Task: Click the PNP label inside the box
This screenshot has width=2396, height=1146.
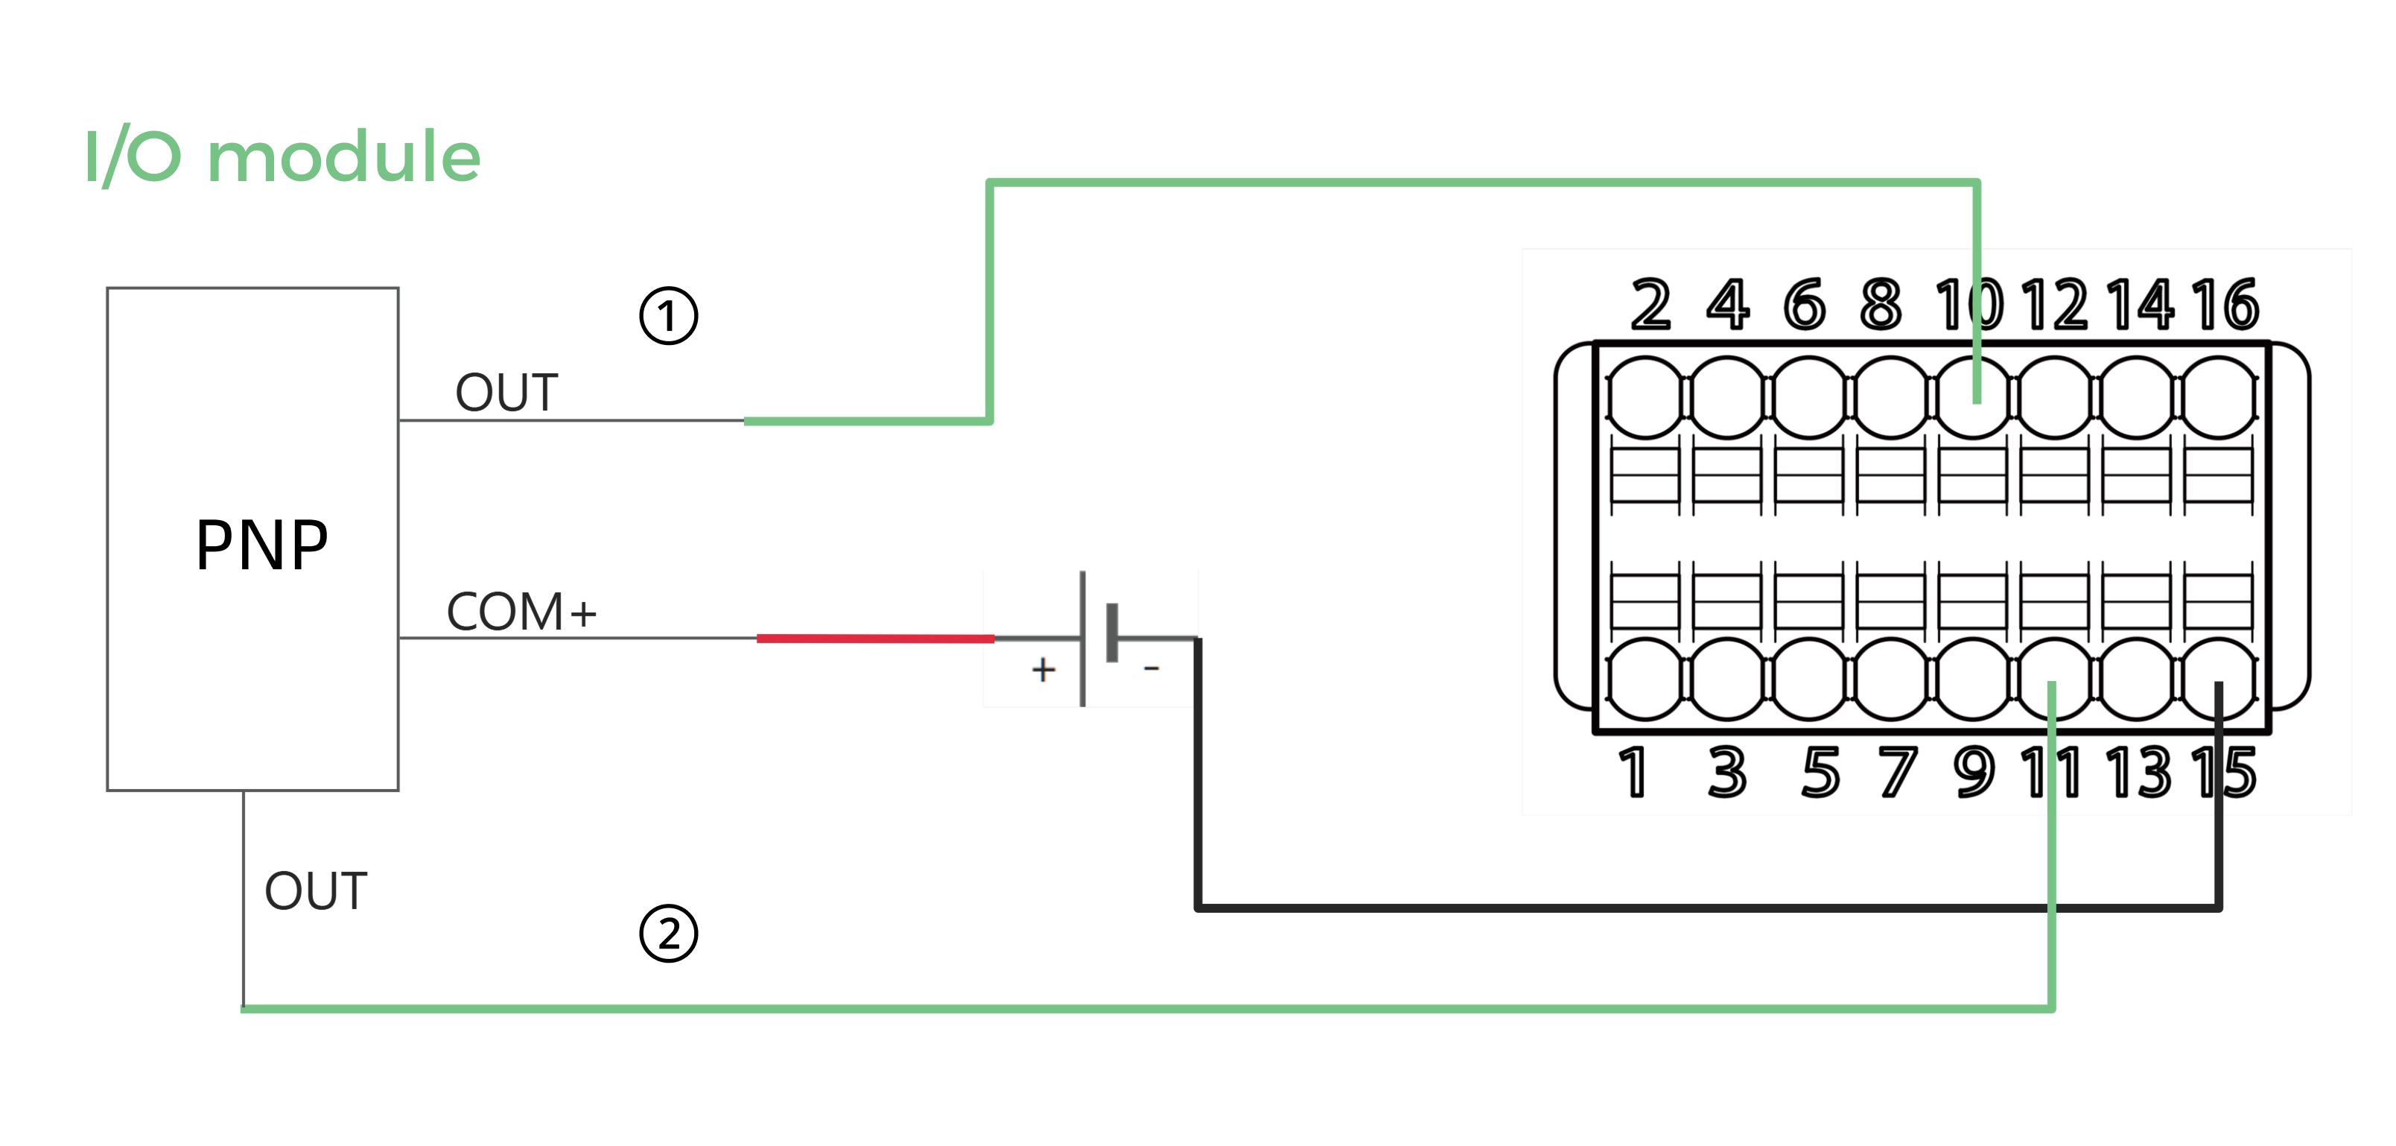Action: point(261,546)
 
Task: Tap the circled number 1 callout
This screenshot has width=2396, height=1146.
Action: point(668,316)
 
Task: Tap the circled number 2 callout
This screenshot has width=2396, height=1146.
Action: point(668,933)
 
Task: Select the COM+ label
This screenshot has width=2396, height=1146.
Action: point(521,612)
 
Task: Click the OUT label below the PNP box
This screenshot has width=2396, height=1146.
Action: point(317,891)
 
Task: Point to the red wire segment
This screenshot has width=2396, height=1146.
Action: point(874,638)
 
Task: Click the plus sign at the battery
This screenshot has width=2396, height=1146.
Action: point(1043,670)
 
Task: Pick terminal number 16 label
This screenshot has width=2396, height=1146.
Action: point(2224,304)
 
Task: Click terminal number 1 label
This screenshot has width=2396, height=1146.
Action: point(1633,772)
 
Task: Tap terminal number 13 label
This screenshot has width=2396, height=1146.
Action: point(2139,772)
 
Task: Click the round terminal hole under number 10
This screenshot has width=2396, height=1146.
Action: point(1973,397)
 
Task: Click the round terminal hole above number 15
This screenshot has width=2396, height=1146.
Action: point(2218,679)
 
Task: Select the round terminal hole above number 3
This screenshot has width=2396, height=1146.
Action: point(1727,679)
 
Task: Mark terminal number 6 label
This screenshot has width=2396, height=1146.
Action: point(1805,304)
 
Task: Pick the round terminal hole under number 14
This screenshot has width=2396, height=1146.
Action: point(2137,397)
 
